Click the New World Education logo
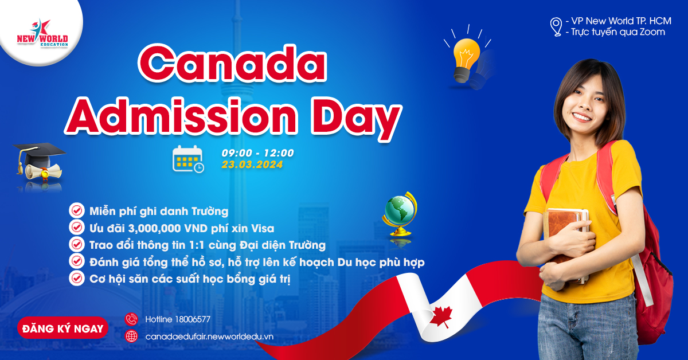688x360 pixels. point(42,33)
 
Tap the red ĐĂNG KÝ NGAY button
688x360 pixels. point(62,328)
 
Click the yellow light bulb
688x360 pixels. point(466,60)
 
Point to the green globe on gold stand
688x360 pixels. point(400,213)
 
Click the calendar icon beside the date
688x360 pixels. point(188,159)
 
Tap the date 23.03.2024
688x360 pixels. point(252,165)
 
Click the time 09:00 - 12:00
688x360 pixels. point(257,152)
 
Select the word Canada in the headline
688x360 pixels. point(232,63)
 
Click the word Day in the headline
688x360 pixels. point(356,118)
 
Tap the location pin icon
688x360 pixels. point(556,27)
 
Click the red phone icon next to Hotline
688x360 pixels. point(131,319)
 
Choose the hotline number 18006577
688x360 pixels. point(193,319)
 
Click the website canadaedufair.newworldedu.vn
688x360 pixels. point(209,336)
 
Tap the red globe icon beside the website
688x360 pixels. point(131,336)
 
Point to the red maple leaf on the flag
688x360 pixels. point(441,316)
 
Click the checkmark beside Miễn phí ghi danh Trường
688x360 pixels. point(77,211)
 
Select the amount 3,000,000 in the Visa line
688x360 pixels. point(154,229)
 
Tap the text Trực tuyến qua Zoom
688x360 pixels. point(618,32)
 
